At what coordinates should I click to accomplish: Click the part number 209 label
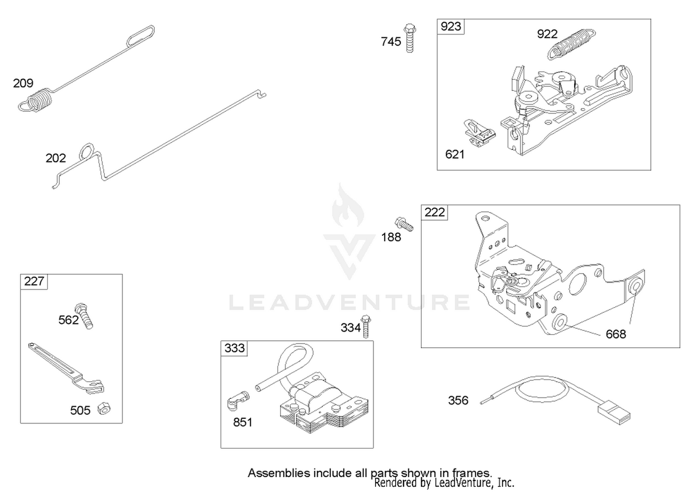[23, 83]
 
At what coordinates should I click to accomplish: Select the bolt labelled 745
[410, 38]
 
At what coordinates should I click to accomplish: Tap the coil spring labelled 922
[571, 44]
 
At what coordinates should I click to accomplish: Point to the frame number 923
[451, 26]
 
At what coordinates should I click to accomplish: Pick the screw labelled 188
[404, 224]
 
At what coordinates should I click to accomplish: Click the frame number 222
[435, 212]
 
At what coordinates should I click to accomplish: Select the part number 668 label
[616, 334]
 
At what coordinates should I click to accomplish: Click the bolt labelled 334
[366, 326]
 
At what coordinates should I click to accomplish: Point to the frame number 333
[235, 348]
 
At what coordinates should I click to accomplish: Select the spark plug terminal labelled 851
[238, 401]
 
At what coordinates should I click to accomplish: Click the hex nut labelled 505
[104, 409]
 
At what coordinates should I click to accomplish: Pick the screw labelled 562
[84, 316]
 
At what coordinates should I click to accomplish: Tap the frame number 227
[34, 281]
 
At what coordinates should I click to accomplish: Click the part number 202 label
[56, 158]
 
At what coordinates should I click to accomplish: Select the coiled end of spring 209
[35, 100]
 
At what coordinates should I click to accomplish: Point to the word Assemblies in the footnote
[279, 473]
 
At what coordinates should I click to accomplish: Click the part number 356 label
[459, 400]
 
